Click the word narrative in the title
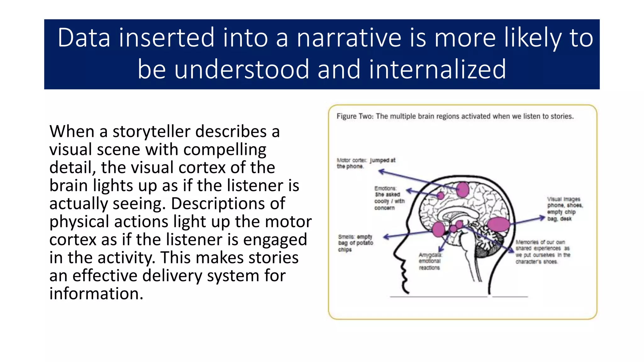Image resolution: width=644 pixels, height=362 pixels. pyautogui.click(x=349, y=38)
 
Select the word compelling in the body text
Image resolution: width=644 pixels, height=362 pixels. pyautogui.click(x=225, y=150)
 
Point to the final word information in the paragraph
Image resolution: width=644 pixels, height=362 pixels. pyautogui.click(x=96, y=293)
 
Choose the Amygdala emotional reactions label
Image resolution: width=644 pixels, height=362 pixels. pyautogui.click(x=430, y=261)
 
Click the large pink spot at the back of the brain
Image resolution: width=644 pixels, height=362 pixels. pyautogui.click(x=498, y=224)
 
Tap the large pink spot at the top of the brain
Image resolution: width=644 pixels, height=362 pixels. pyautogui.click(x=462, y=189)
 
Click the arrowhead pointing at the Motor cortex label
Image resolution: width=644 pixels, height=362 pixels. pyautogui.click(x=381, y=171)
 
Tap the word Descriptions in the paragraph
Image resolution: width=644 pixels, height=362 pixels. pyautogui.click(x=228, y=204)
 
